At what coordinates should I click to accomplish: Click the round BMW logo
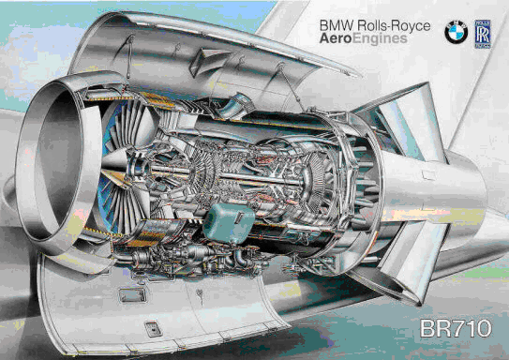(x=456, y=33)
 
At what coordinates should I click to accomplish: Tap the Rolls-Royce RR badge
(x=483, y=34)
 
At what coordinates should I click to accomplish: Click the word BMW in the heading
(x=336, y=25)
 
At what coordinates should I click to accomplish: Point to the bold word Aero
(x=336, y=38)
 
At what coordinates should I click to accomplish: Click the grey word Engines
(x=380, y=39)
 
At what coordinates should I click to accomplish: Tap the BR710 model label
(x=456, y=328)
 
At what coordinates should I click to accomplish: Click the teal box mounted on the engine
(x=229, y=222)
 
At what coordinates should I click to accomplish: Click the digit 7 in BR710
(x=457, y=328)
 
